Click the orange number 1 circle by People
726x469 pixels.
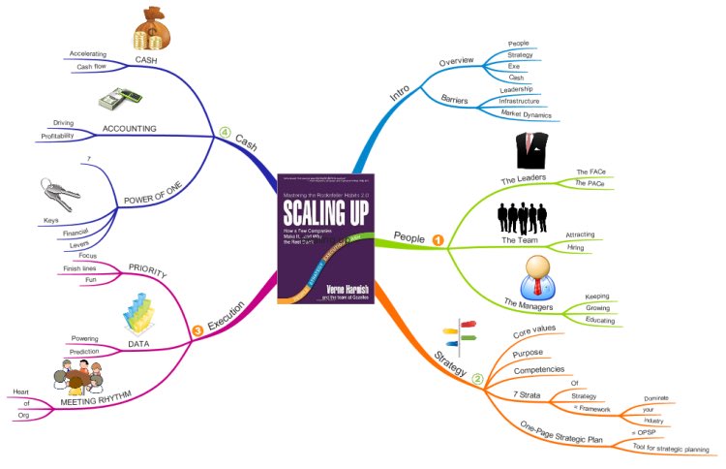point(439,239)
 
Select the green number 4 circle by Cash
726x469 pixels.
point(225,134)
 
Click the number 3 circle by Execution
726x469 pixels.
point(197,332)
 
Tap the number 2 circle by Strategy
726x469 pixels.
point(476,379)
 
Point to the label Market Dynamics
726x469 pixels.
point(526,113)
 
